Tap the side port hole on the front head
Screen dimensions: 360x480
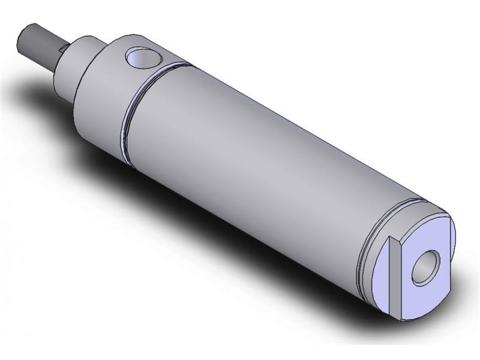coord(143,58)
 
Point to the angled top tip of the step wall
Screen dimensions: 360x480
coord(394,239)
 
